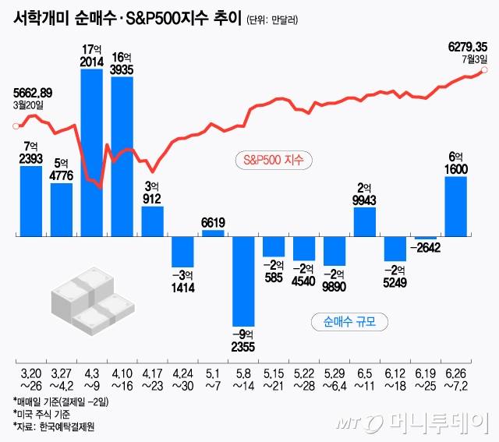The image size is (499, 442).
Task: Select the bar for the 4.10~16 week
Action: coord(122,156)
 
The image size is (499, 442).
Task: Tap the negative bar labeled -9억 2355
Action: coord(243,280)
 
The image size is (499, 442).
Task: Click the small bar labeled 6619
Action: coord(213,232)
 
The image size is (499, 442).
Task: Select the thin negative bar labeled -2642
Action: coord(426,237)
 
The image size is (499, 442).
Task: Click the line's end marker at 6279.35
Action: coord(484,70)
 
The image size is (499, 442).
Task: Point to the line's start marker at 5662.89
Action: coord(15,126)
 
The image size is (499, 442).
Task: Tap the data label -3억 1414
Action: coord(182,281)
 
